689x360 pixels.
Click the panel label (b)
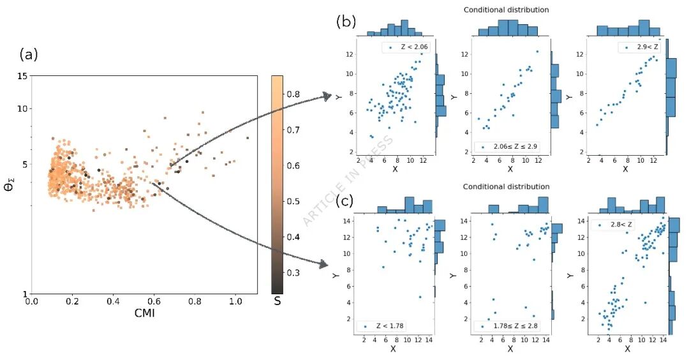pos(346,21)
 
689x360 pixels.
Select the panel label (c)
pos(344,201)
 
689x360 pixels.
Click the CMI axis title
pos(145,313)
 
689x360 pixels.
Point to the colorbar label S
pos(278,301)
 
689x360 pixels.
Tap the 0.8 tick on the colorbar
pos(293,94)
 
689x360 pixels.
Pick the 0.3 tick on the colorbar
pos(293,273)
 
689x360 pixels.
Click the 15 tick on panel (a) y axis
pos(22,77)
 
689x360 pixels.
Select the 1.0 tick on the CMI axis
pos(235,301)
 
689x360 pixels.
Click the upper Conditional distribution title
pos(506,10)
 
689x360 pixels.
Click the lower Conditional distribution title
pos(506,186)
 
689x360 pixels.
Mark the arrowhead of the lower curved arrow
pos(324,264)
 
